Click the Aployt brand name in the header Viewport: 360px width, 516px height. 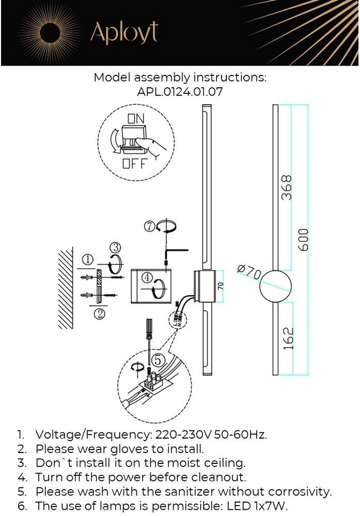tap(124, 33)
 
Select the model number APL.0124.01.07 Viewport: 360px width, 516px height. tap(180, 92)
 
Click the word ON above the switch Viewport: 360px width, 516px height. tap(136, 118)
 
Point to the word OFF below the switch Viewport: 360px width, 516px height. tap(135, 165)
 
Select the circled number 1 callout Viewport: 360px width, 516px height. tap(88, 260)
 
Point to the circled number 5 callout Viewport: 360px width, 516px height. tap(159, 358)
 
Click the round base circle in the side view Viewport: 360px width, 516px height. tap(275, 285)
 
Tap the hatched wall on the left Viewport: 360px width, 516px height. tap(66, 289)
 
